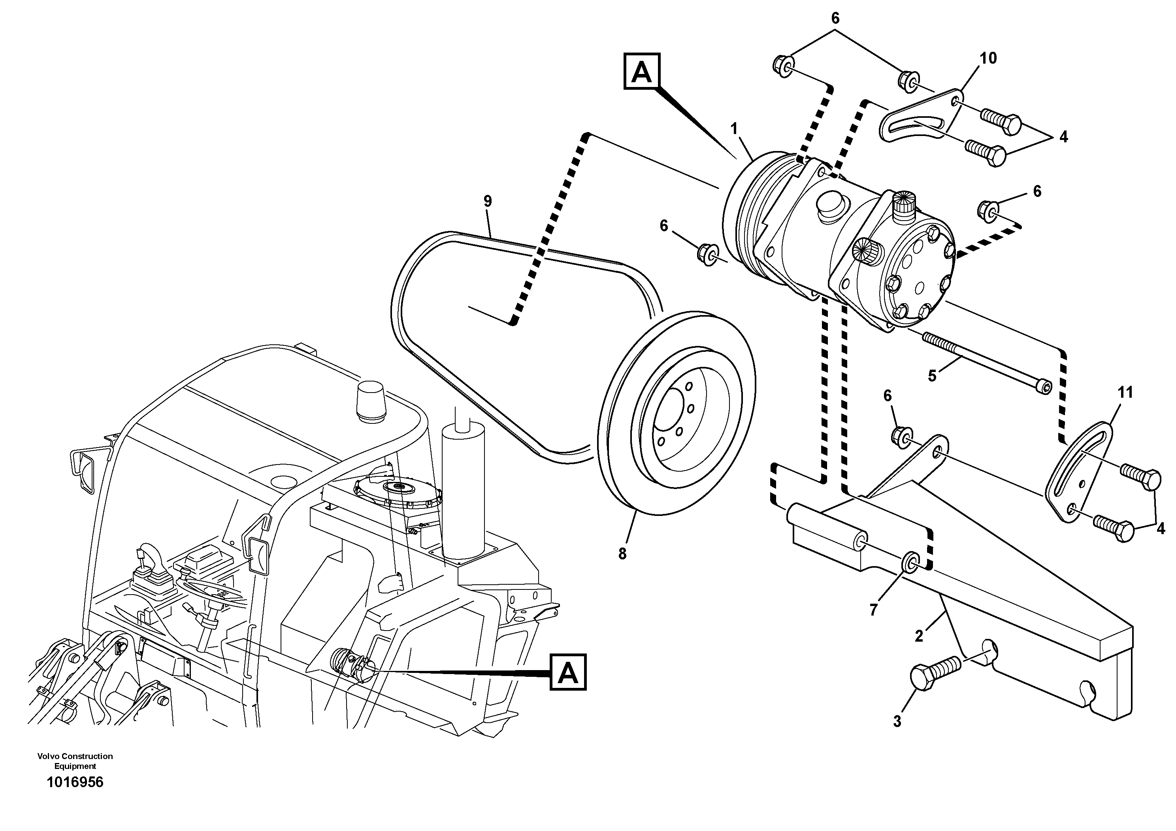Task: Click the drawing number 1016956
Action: pos(75,782)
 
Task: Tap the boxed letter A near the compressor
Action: pos(642,72)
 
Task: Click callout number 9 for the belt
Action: pos(487,201)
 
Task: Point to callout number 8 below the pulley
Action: pos(622,554)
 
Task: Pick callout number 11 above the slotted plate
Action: pos(1125,393)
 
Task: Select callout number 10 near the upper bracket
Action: pos(988,59)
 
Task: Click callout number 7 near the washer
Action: pos(873,609)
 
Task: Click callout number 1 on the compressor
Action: pos(734,128)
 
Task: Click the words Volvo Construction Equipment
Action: pos(75,761)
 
